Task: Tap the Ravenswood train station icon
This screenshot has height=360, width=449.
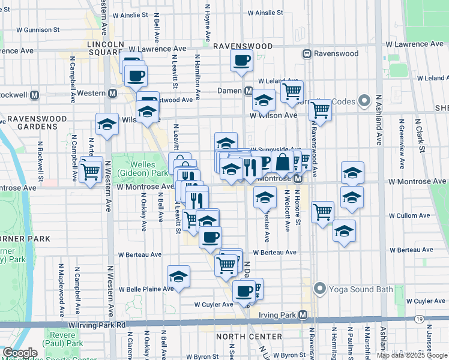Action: tap(306, 53)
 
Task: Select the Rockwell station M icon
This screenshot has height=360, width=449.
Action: tap(34, 95)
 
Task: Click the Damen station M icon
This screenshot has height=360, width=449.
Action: tap(248, 91)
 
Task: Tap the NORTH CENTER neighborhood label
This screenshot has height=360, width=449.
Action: tap(241, 337)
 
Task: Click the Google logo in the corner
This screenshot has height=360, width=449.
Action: tap(20, 353)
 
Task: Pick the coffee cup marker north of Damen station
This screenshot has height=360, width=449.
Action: tap(241, 60)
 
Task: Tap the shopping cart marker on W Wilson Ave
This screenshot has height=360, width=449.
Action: tap(321, 110)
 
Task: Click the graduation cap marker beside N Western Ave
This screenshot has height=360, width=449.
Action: tap(107, 124)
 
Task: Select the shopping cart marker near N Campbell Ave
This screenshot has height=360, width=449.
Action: tap(91, 172)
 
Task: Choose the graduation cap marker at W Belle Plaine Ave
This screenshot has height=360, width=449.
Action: tap(179, 277)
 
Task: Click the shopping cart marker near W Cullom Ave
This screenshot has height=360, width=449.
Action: tap(323, 211)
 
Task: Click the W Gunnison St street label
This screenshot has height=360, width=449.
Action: tap(38, 29)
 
